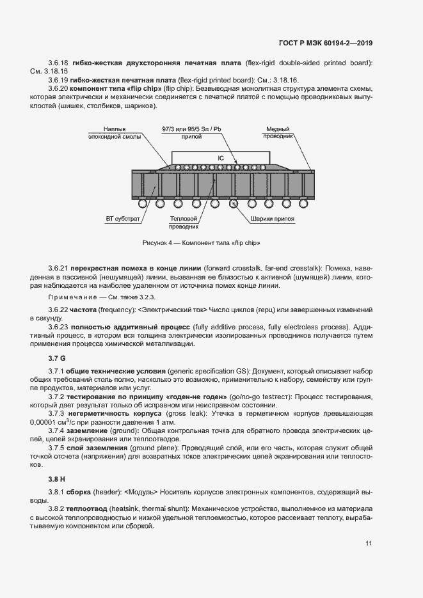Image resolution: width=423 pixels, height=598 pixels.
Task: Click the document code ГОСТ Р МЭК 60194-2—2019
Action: click(x=326, y=43)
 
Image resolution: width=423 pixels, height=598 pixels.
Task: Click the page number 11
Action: click(x=369, y=544)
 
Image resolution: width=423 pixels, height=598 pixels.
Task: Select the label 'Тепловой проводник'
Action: click(x=184, y=223)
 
